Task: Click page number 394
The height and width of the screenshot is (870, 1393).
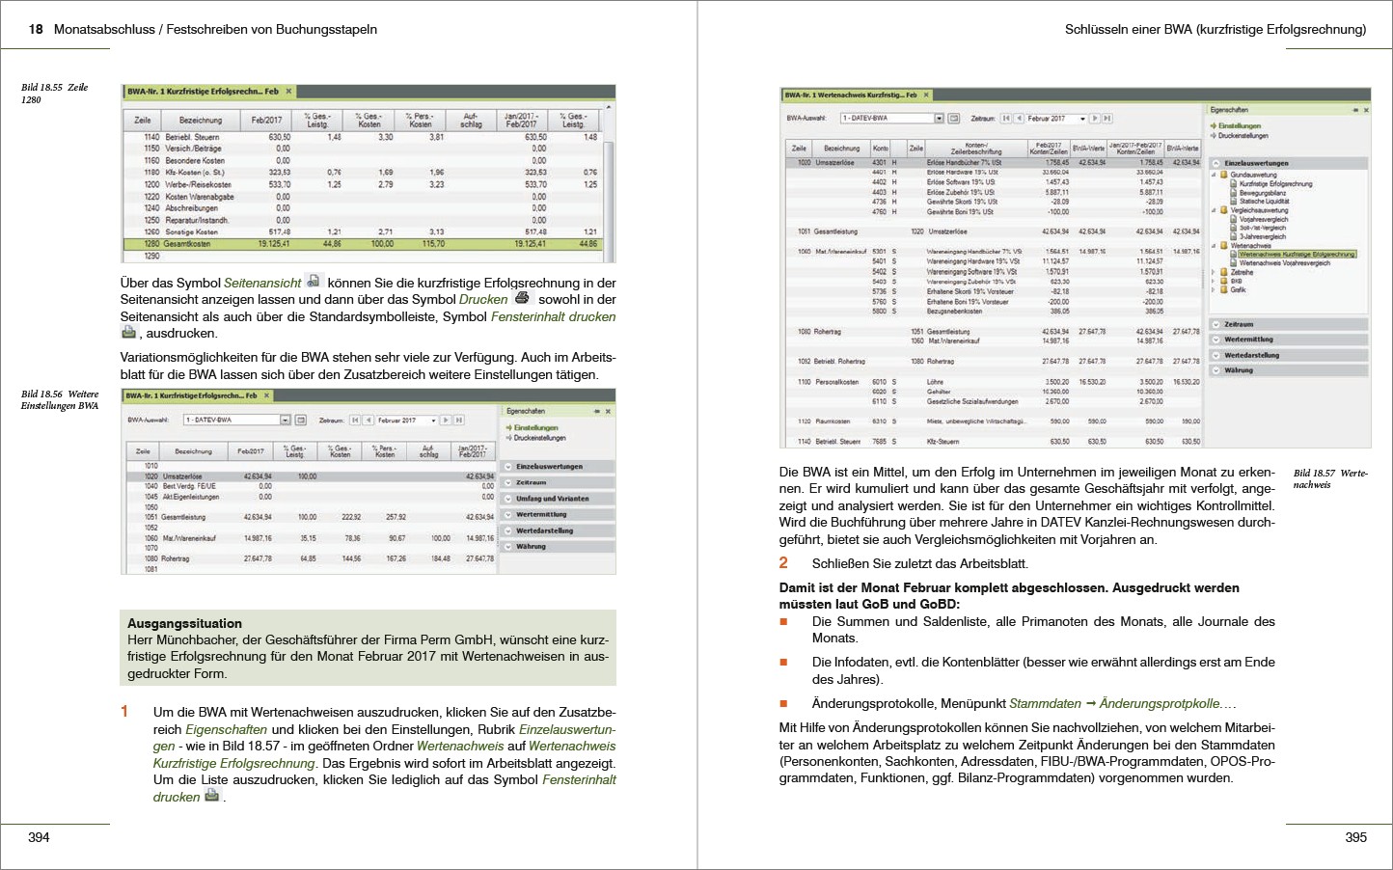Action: pos(39,837)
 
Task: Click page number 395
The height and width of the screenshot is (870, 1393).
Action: pos(1355,837)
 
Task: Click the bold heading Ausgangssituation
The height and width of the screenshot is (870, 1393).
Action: pos(184,623)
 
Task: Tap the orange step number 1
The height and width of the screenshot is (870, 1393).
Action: pos(124,712)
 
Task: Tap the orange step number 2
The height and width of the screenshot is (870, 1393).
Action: pos(783,563)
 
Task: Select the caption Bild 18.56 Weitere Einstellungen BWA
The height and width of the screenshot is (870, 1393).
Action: pos(60,399)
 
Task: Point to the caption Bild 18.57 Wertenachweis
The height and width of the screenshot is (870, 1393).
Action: pos(1330,478)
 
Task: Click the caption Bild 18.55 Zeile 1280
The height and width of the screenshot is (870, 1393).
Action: pos(54,93)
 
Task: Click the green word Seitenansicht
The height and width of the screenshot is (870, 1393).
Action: pos(262,283)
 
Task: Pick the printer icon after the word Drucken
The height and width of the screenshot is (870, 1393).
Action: pos(522,298)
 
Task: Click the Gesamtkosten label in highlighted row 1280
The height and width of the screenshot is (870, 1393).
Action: pos(187,244)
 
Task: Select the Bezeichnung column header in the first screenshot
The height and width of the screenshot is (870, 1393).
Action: pos(201,121)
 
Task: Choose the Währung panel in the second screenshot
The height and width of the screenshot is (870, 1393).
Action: pos(531,546)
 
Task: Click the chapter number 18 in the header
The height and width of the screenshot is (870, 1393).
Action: pos(36,29)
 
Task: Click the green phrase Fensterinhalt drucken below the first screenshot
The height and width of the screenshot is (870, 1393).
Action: pos(553,316)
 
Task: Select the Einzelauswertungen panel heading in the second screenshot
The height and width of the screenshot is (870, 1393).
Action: pos(549,466)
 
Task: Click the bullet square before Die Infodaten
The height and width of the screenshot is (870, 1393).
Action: pos(784,663)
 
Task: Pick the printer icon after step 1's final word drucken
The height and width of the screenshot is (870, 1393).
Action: pos(212,796)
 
